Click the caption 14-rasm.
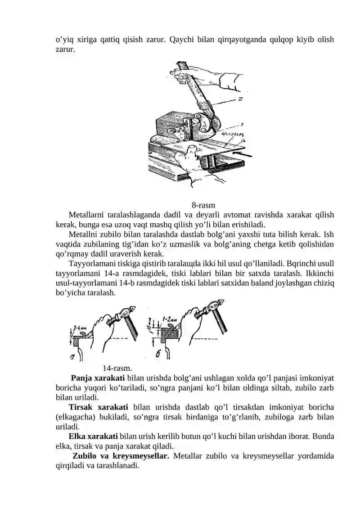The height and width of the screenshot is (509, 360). (117, 368)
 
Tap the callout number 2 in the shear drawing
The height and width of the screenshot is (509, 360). (241, 99)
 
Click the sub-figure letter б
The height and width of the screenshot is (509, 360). (158, 355)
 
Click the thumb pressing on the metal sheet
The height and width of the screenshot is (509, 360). (191, 149)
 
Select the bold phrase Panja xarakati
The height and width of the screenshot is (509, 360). (98, 378)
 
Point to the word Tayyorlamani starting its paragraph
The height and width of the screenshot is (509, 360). (91, 264)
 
